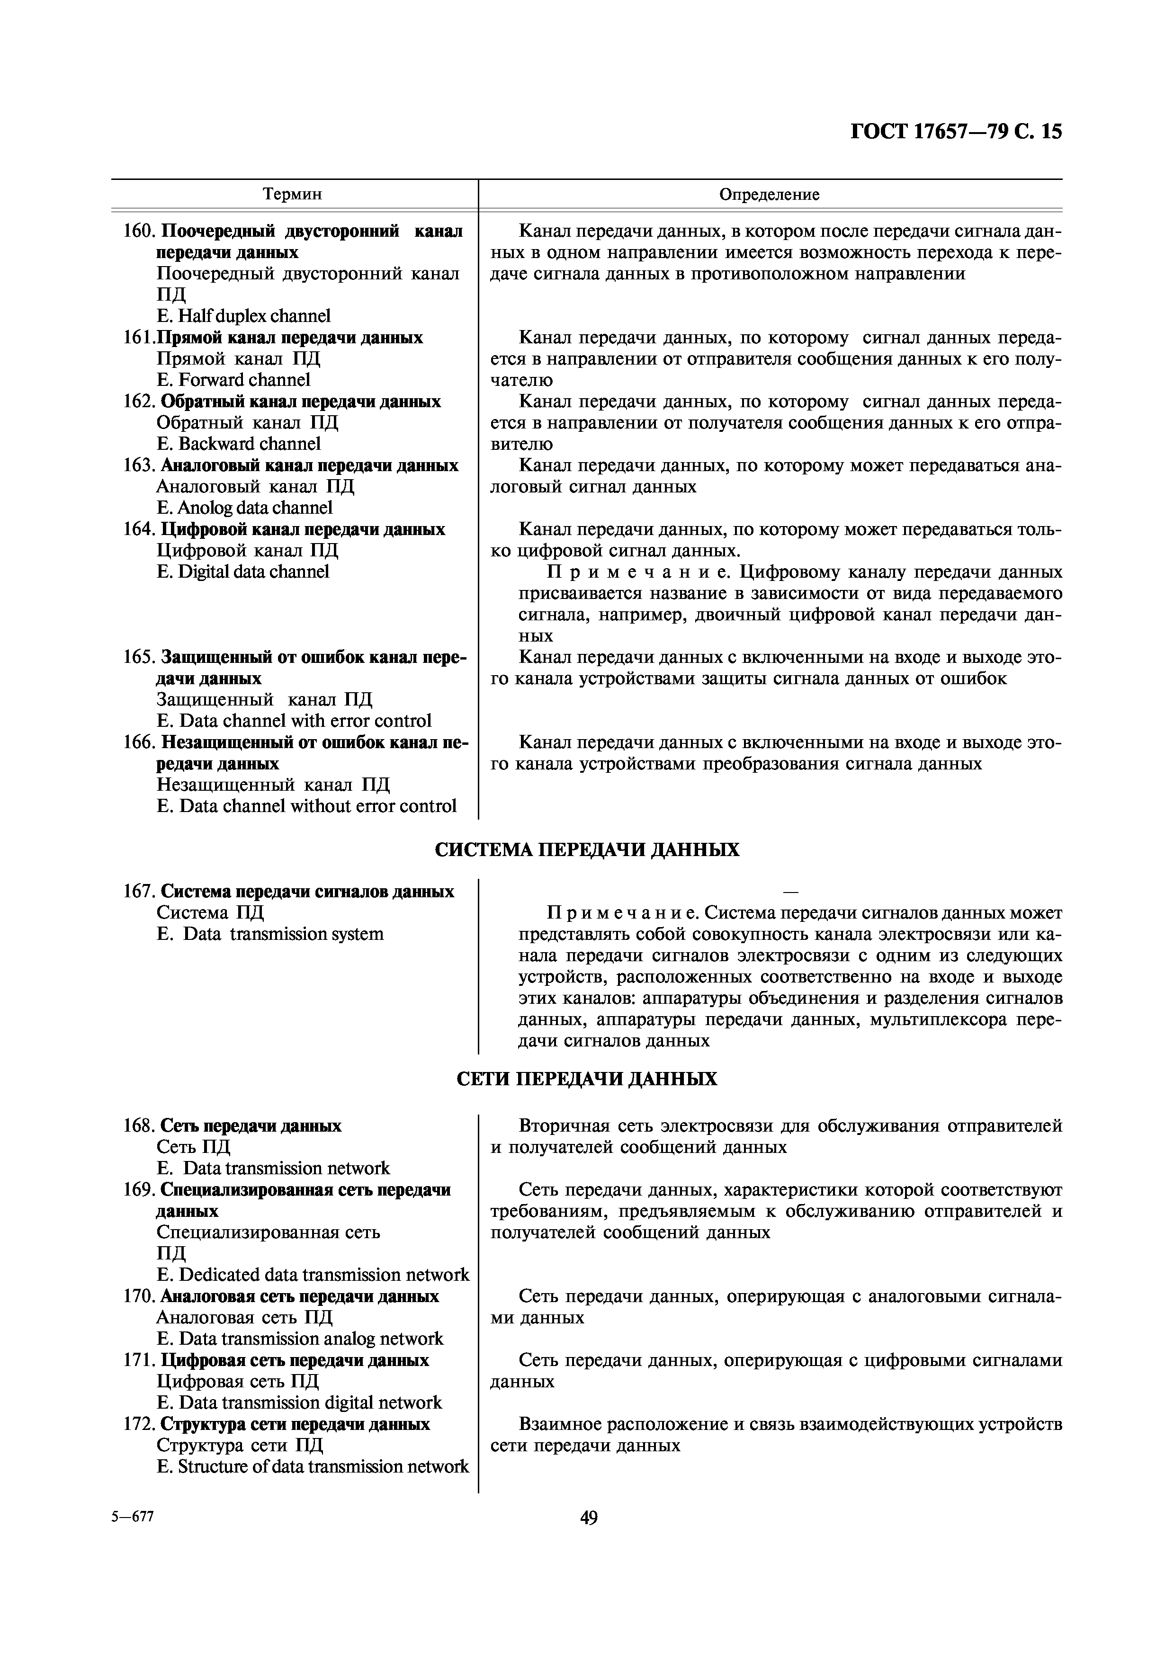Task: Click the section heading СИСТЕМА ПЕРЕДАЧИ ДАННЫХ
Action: (587, 849)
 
